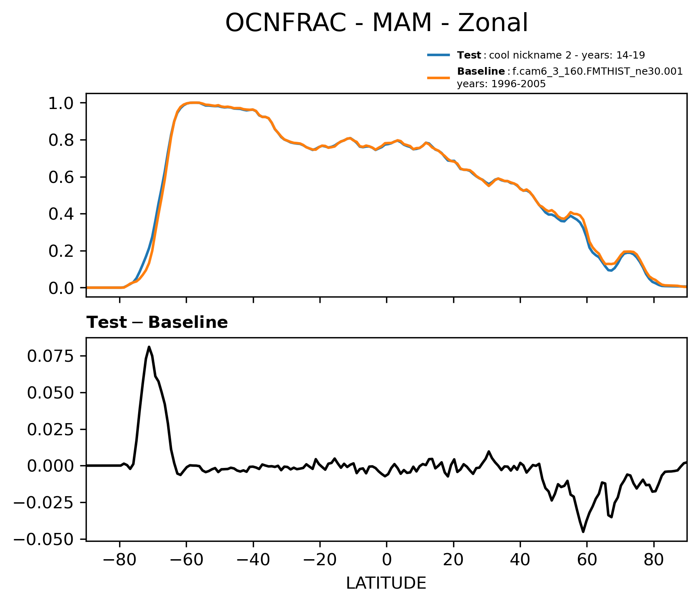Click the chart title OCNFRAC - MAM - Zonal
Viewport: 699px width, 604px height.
point(376,23)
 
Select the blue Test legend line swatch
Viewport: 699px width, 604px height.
point(439,55)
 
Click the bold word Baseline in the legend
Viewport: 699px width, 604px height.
point(481,72)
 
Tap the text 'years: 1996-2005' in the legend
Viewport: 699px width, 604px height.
point(501,84)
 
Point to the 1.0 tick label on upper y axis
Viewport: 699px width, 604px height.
point(61,103)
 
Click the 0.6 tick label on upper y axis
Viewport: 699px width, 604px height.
point(61,177)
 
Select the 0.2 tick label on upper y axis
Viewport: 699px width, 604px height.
point(61,251)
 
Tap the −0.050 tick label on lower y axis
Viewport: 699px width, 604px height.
point(44,539)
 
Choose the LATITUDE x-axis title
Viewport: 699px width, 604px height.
point(386,583)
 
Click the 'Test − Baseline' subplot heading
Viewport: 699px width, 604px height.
point(157,323)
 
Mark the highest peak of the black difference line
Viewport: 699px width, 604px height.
point(149,347)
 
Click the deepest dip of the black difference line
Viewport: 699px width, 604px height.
point(583,531)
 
